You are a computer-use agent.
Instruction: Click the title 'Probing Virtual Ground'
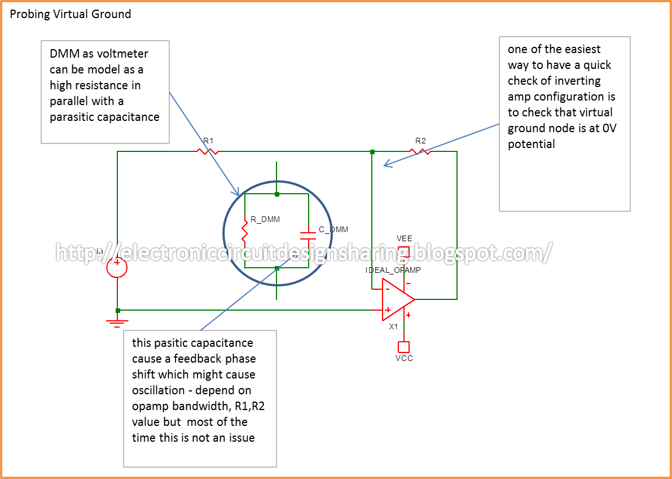click(71, 14)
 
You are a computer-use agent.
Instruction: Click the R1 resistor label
click(208, 141)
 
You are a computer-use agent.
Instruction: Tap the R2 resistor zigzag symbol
click(420, 151)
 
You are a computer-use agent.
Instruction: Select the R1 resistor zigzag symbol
click(207, 151)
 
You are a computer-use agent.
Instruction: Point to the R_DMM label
click(265, 219)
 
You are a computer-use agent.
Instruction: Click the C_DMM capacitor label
click(333, 229)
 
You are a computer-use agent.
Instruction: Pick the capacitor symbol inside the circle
click(308, 232)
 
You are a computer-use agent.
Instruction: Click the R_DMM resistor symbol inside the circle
click(245, 231)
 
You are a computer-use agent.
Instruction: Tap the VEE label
click(404, 239)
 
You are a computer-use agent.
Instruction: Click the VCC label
click(404, 358)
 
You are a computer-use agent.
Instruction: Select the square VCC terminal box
click(403, 346)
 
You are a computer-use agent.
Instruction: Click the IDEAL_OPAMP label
click(393, 270)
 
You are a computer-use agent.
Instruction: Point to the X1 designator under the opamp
click(393, 327)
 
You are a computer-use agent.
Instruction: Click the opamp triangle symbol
click(397, 299)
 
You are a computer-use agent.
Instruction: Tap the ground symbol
click(117, 322)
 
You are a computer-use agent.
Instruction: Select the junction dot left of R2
click(372, 151)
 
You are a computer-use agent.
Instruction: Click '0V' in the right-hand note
click(609, 128)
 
